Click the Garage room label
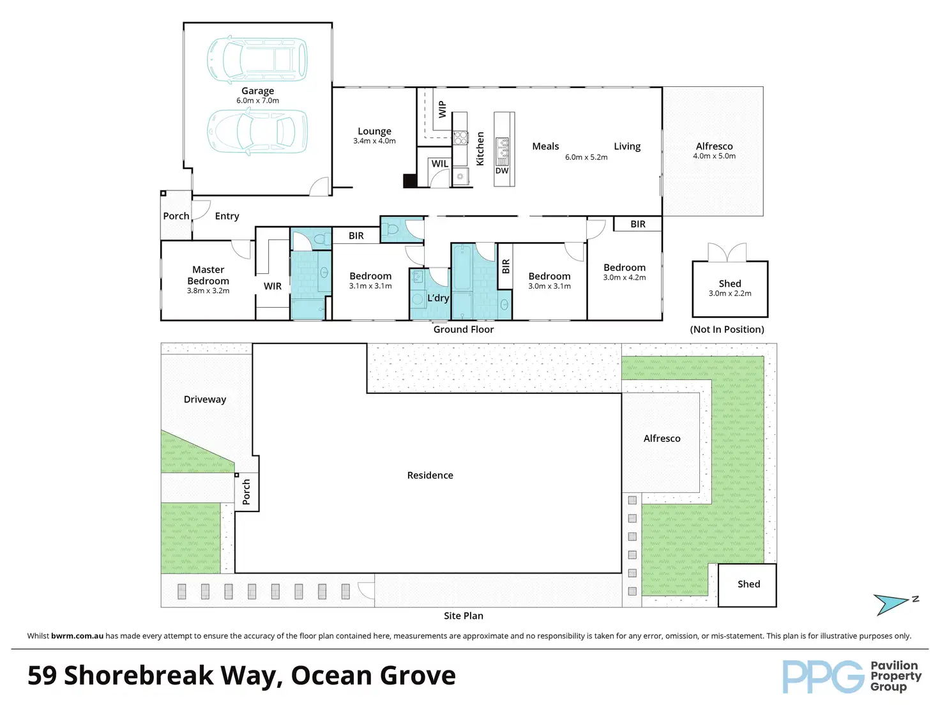[x=257, y=91]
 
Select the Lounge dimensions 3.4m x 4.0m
[x=374, y=141]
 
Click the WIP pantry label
[x=442, y=109]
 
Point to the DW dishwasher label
[x=502, y=171]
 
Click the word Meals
[x=545, y=146]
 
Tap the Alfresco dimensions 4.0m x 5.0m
[x=714, y=156]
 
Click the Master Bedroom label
[x=208, y=275]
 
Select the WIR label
[x=273, y=286]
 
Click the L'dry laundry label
[x=438, y=298]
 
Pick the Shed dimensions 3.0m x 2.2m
[x=729, y=294]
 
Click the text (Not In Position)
[x=727, y=330]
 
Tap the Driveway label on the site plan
[x=205, y=399]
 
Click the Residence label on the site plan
[x=430, y=475]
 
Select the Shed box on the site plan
[x=748, y=584]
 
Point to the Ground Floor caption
[x=464, y=330]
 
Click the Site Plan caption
[x=464, y=616]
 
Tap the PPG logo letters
[x=822, y=677]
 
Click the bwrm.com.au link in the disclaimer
[x=77, y=636]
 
